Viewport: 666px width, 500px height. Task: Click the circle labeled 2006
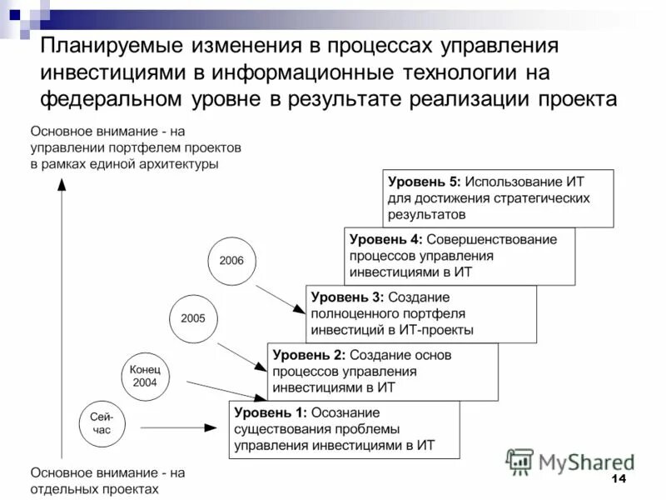click(x=231, y=260)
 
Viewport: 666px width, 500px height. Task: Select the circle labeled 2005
click(x=193, y=318)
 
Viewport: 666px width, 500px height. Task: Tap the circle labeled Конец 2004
click(x=151, y=376)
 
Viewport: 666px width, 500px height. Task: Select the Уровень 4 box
click(x=459, y=256)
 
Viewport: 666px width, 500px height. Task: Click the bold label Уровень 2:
click(x=305, y=355)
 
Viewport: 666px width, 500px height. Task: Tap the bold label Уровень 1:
click(x=271, y=412)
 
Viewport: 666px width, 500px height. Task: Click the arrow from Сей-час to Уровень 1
click(x=175, y=427)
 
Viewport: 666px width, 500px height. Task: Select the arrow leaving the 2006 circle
click(x=281, y=299)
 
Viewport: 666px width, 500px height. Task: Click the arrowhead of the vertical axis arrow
click(x=60, y=187)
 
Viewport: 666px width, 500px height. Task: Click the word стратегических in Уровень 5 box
click(x=539, y=198)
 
